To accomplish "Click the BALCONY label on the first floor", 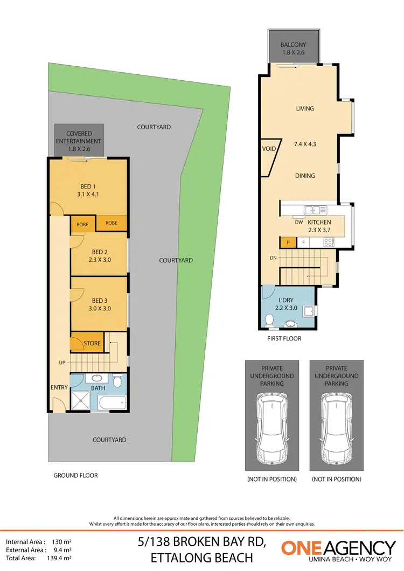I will pyautogui.click(x=293, y=45).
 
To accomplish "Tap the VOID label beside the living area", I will pyautogui.click(x=269, y=149).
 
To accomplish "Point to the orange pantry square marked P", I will pyautogui.click(x=288, y=242).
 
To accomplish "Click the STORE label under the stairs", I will pyautogui.click(x=92, y=343).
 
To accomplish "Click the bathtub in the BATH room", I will pyautogui.click(x=113, y=402).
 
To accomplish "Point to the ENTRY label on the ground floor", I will pyautogui.click(x=59, y=387).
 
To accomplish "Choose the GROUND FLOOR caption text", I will pyautogui.click(x=75, y=476).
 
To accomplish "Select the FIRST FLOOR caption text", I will pyautogui.click(x=284, y=338).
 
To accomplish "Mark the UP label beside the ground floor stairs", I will pyautogui.click(x=62, y=363).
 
